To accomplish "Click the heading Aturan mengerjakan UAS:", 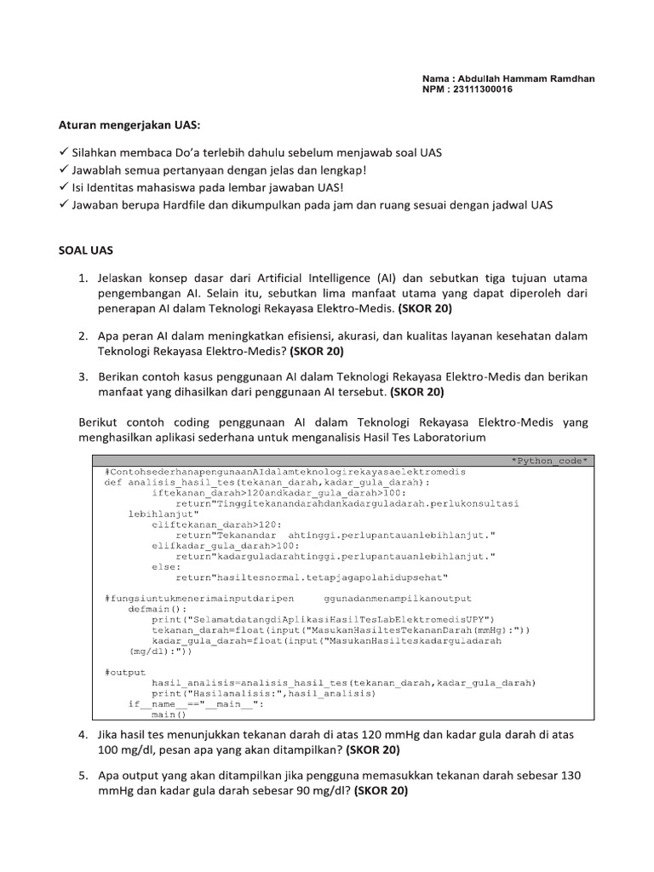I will point(129,125).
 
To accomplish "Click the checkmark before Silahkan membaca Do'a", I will point(64,152).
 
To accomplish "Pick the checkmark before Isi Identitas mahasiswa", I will point(64,187).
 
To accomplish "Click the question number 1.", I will point(83,278).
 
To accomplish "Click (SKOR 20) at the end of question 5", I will point(381,790).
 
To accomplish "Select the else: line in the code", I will point(166,566).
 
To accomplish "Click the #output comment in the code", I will point(125,672).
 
